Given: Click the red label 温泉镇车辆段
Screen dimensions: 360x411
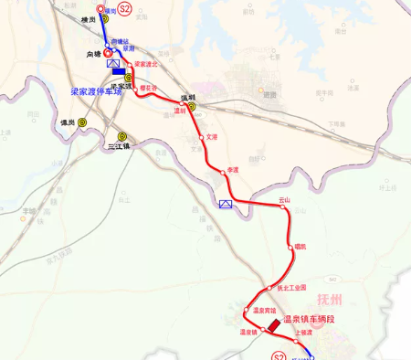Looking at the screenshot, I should point(310,319).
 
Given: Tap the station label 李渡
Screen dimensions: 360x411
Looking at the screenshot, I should point(233,169).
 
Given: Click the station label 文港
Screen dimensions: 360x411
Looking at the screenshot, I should point(212,137).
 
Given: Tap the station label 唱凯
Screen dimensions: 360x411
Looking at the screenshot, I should point(300,246).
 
